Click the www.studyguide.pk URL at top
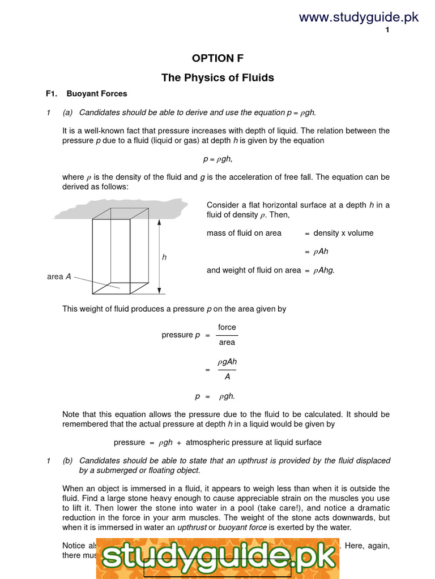(359, 17)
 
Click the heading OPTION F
(217, 58)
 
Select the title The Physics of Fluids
(217, 77)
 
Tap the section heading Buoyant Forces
(97, 94)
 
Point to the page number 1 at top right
(387, 31)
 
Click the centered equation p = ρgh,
(217, 159)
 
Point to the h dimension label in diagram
(164, 257)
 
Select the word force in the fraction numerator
(227, 327)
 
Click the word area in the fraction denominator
(227, 342)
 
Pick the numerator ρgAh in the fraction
(227, 362)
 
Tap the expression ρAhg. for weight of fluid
(323, 270)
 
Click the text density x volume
(343, 233)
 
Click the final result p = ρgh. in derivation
(217, 396)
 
